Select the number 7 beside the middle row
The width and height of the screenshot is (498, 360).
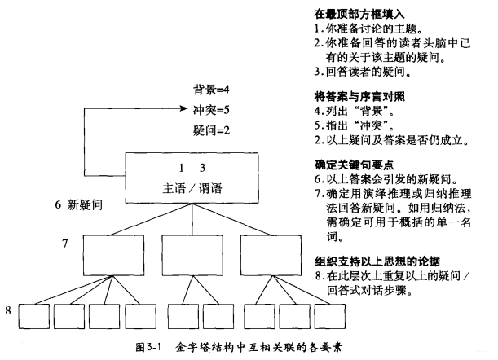pyautogui.click(x=65, y=243)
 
